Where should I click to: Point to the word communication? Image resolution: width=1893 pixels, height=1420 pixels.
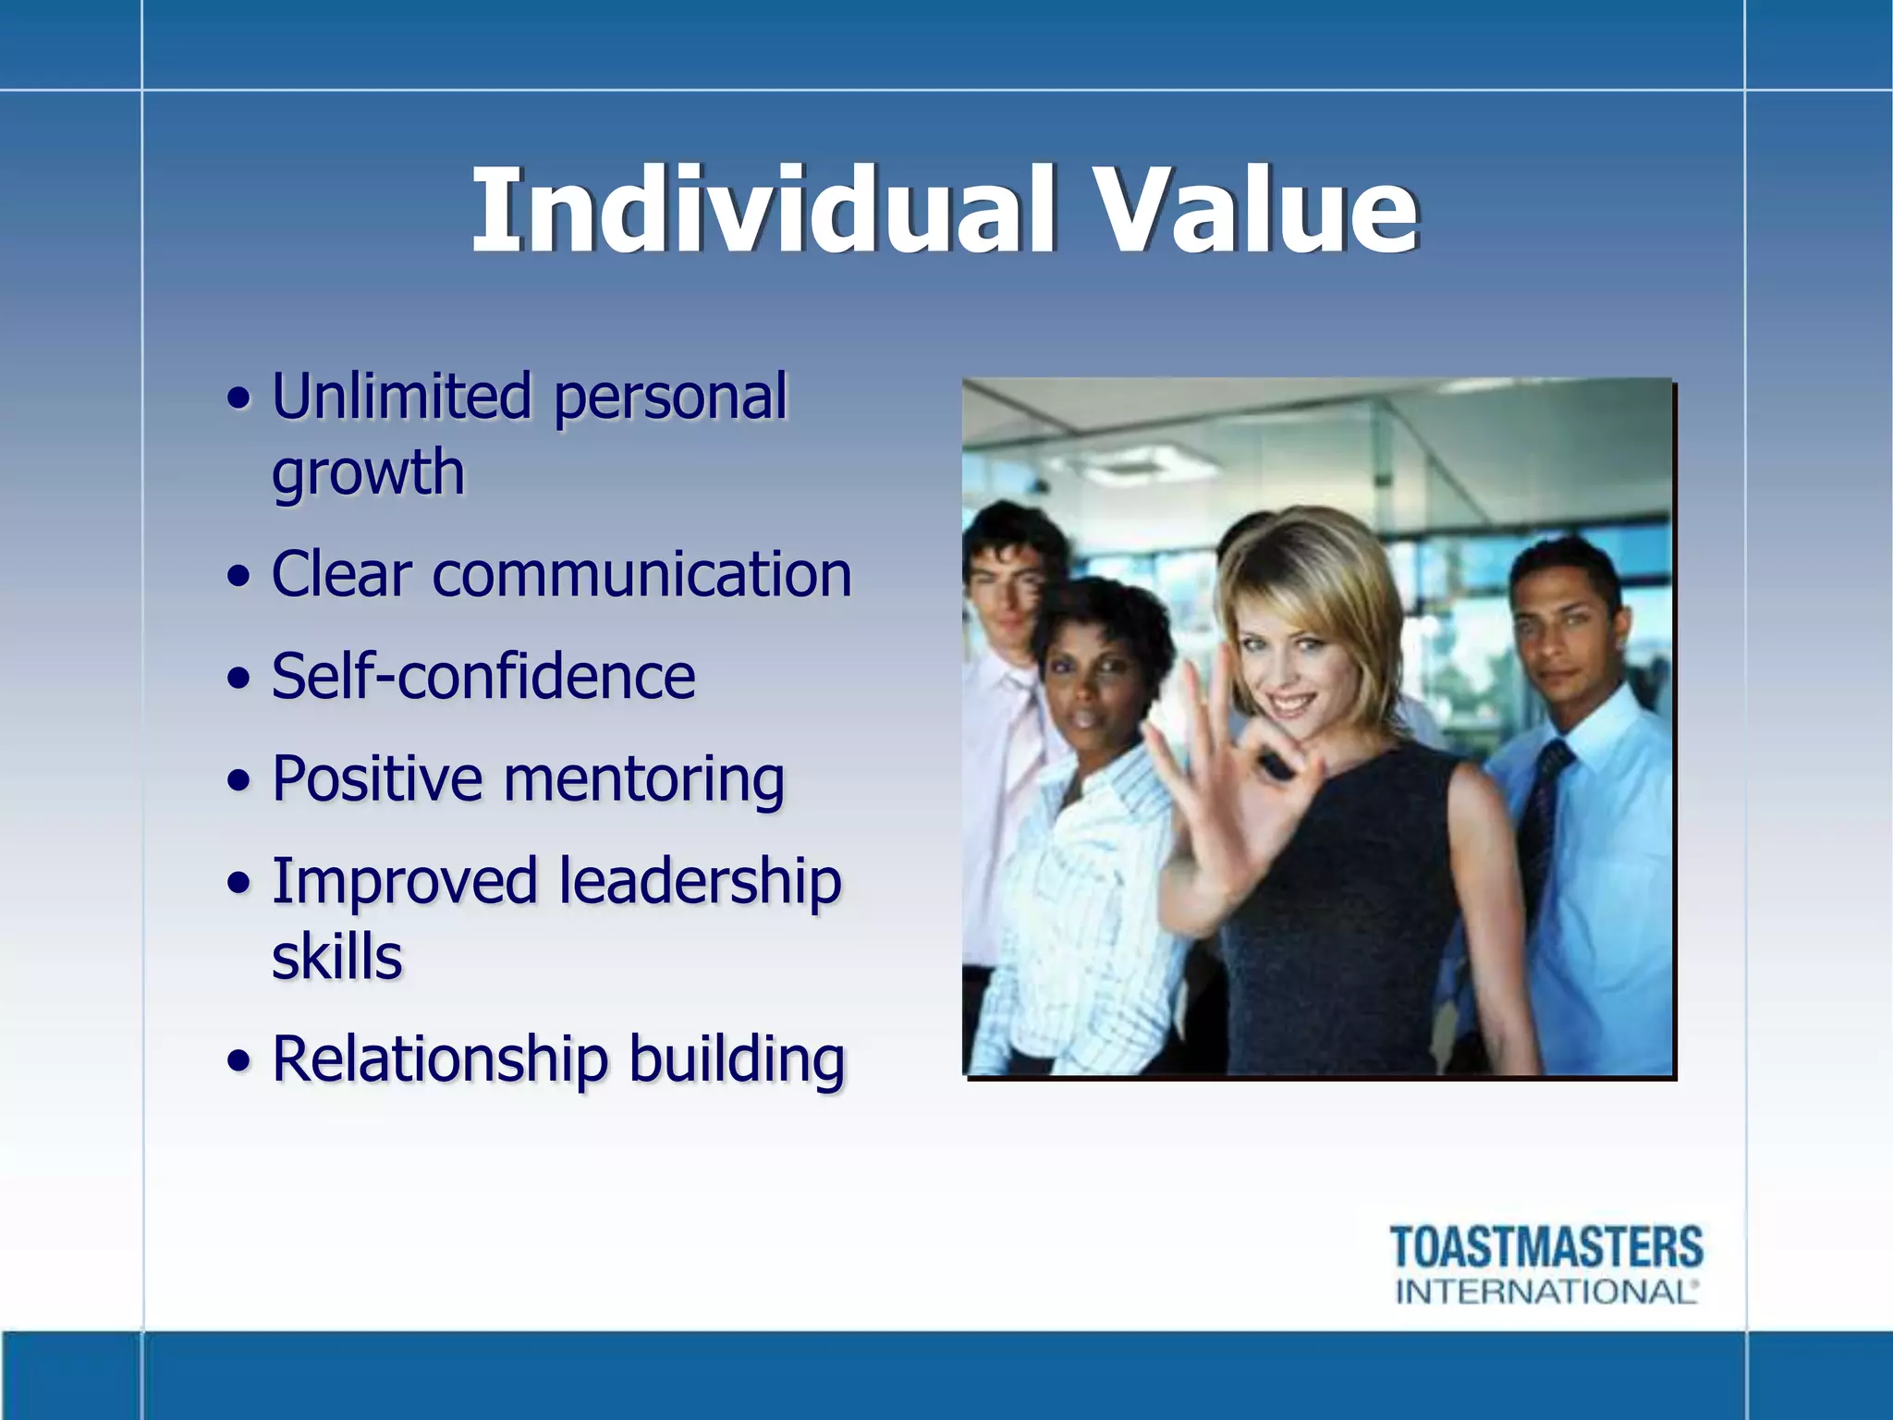(641, 575)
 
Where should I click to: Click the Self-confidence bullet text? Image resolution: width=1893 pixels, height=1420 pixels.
(482, 677)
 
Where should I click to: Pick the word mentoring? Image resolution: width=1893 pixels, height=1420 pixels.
(643, 780)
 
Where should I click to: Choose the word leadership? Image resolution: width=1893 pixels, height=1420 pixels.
(700, 881)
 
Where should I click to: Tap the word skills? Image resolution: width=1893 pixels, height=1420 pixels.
(336, 957)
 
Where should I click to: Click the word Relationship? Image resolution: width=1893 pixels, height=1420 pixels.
(440, 1059)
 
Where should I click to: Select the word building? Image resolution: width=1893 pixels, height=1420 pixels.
(737, 1059)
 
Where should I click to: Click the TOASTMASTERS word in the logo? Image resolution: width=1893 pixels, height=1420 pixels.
(1545, 1247)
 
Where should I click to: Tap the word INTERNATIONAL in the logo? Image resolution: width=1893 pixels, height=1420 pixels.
(1545, 1291)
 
